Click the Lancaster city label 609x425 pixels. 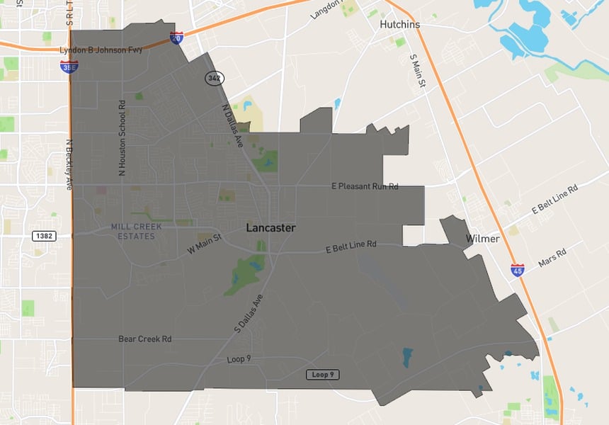tap(271, 228)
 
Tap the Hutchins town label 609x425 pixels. tap(399, 24)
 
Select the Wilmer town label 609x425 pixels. tap(482, 239)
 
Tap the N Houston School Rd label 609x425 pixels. tap(122, 138)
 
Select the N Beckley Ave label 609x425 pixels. tap(69, 164)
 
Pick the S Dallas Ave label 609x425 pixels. tap(249, 314)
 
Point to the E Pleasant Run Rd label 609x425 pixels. tap(365, 186)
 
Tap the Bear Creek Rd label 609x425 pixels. tap(144, 339)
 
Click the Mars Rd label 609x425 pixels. tap(552, 258)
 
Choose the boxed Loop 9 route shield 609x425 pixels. tap(322, 374)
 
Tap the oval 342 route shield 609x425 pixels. tap(214, 77)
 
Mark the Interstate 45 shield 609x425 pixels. tap(518, 269)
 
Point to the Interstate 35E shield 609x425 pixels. tap(69, 66)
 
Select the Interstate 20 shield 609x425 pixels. tap(177, 37)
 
